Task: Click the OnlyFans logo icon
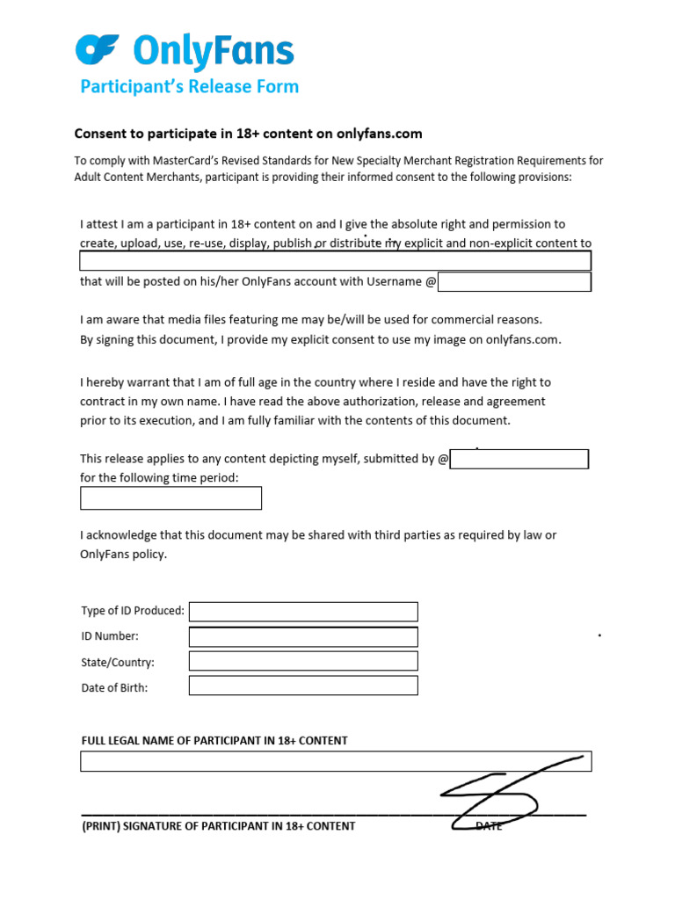coord(97,49)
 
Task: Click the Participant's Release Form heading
coord(190,86)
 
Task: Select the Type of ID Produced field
coord(303,612)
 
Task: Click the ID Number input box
coord(303,636)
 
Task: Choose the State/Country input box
coord(303,661)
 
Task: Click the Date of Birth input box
coord(303,686)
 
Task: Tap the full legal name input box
coord(336,761)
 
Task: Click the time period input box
coord(171,498)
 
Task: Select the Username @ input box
coord(514,281)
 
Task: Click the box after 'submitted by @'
coord(519,459)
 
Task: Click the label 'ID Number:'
coord(110,636)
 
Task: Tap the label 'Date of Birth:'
coord(114,687)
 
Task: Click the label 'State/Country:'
coord(118,662)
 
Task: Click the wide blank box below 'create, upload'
coord(336,261)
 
